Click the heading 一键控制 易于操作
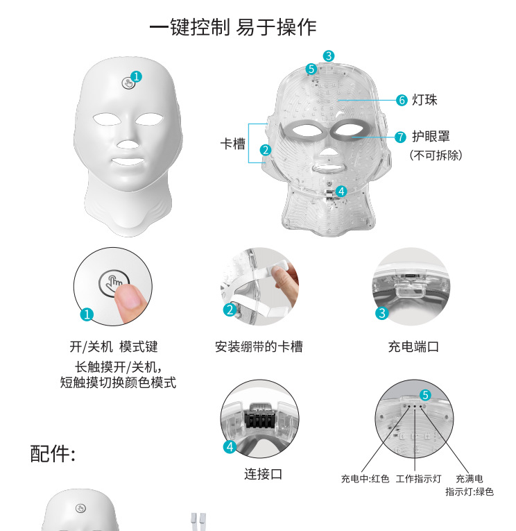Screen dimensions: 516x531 tap(233, 27)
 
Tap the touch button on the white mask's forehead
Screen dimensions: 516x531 tap(128, 83)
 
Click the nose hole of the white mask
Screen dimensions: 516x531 tap(128, 144)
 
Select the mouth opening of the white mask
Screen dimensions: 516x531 tap(128, 161)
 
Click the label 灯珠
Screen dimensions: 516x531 tap(424, 100)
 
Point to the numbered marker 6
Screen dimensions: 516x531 tap(402, 100)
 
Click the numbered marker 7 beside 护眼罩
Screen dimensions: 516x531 tap(400, 137)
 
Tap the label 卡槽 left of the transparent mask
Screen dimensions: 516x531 tap(233, 144)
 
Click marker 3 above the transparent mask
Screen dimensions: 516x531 tap(329, 56)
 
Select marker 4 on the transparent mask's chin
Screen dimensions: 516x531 tap(341, 192)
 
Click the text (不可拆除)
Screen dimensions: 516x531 tap(436, 155)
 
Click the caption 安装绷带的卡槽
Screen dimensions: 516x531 tap(259, 346)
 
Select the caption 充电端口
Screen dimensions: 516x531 tap(413, 346)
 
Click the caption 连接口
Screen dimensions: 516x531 tap(264, 474)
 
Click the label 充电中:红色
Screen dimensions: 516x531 tap(365, 478)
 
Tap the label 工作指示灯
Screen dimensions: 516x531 tap(418, 478)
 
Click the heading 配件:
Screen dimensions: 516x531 tap(53, 453)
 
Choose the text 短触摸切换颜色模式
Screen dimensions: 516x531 tap(118, 382)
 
